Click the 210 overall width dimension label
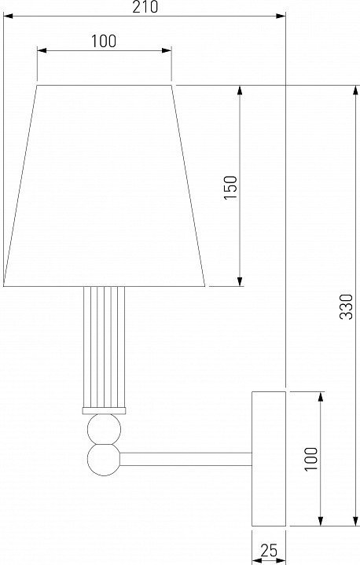click(145, 7)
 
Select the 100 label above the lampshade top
click(104, 41)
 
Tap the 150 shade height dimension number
click(231, 187)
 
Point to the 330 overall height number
click(347, 306)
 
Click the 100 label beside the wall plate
click(311, 459)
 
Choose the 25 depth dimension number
click(269, 551)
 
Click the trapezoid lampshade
click(104, 186)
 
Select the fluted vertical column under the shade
click(104, 347)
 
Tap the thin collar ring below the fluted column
click(104, 411)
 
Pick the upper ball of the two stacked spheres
click(104, 429)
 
